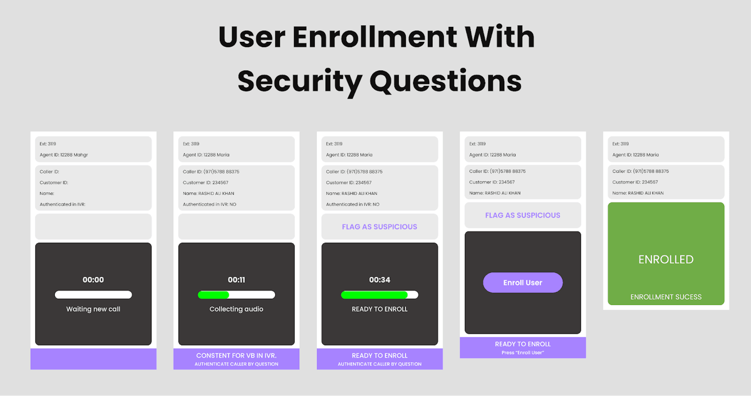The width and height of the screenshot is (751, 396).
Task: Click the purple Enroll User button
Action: pyautogui.click(x=523, y=282)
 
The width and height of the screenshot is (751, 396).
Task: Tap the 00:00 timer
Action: pyautogui.click(x=93, y=280)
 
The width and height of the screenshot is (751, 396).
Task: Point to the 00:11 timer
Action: pyautogui.click(x=236, y=280)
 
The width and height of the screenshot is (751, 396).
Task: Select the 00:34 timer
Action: pyautogui.click(x=380, y=280)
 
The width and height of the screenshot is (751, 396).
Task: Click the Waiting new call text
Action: pyautogui.click(x=93, y=309)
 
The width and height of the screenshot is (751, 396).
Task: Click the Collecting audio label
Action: pyautogui.click(x=236, y=309)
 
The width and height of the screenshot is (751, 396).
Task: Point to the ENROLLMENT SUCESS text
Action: pyautogui.click(x=666, y=297)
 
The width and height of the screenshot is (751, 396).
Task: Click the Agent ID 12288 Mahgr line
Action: pyautogui.click(x=64, y=155)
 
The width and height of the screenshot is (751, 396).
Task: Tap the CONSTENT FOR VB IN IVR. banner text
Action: pyautogui.click(x=236, y=356)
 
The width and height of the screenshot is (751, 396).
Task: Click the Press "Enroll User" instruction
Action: pyautogui.click(x=523, y=353)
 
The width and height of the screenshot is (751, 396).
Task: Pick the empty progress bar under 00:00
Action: pyautogui.click(x=93, y=295)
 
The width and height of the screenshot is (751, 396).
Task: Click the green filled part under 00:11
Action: pyautogui.click(x=213, y=295)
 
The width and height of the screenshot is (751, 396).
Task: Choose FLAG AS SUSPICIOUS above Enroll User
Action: pyautogui.click(x=523, y=215)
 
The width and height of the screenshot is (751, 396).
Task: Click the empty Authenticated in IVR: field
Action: pyautogui.click(x=62, y=204)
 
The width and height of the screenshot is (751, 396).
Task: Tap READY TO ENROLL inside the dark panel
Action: pyautogui.click(x=380, y=309)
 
